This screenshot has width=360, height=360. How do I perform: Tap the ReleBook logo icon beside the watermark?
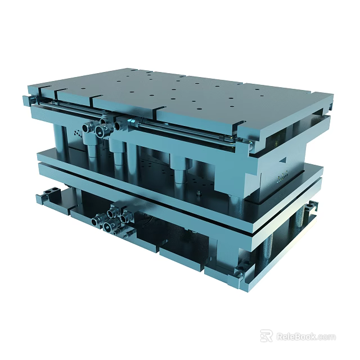click(x=266, y=336)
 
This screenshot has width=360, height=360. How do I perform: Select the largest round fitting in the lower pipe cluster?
click(x=107, y=227)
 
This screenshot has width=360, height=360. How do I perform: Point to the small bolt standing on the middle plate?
click(x=200, y=193)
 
